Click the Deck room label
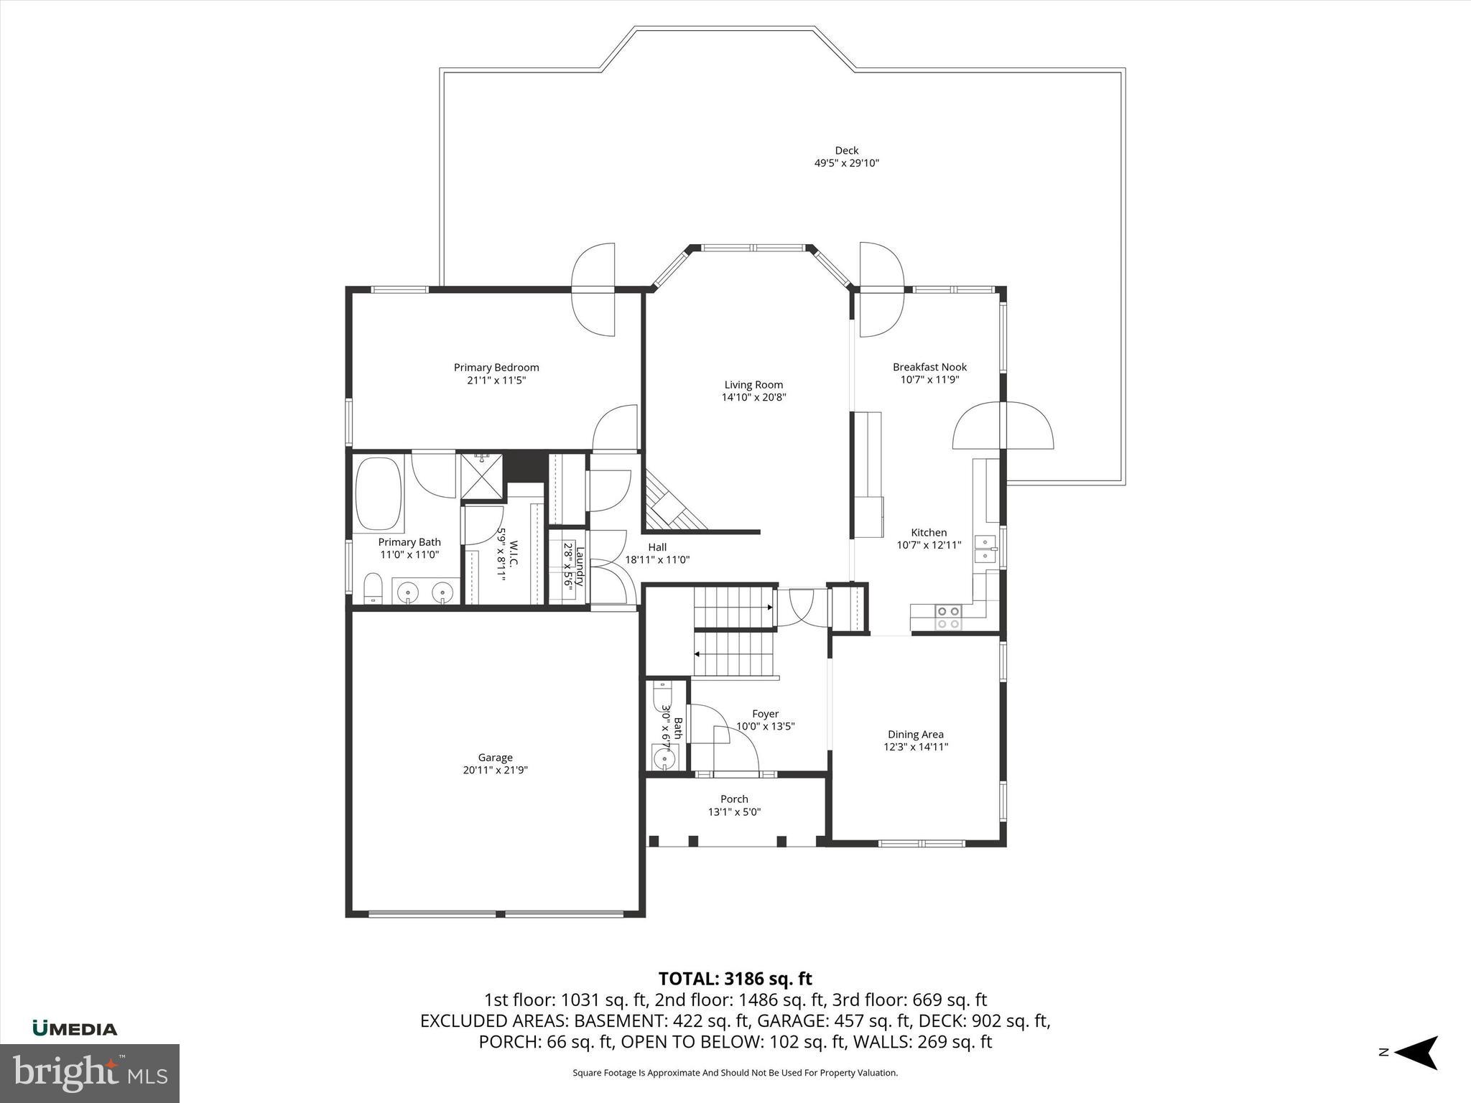(846, 150)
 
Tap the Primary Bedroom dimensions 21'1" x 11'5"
(496, 381)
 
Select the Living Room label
(753, 385)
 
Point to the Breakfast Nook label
(929, 367)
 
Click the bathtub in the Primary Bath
(379, 493)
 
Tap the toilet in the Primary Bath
(373, 588)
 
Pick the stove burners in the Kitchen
(948, 617)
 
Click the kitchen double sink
(985, 549)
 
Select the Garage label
(495, 758)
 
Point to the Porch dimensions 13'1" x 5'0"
(734, 812)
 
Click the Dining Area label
(915, 735)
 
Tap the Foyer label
(765, 714)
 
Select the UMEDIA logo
(75, 1029)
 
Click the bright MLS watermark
(90, 1073)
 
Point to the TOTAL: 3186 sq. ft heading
(735, 979)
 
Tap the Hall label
(657, 547)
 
